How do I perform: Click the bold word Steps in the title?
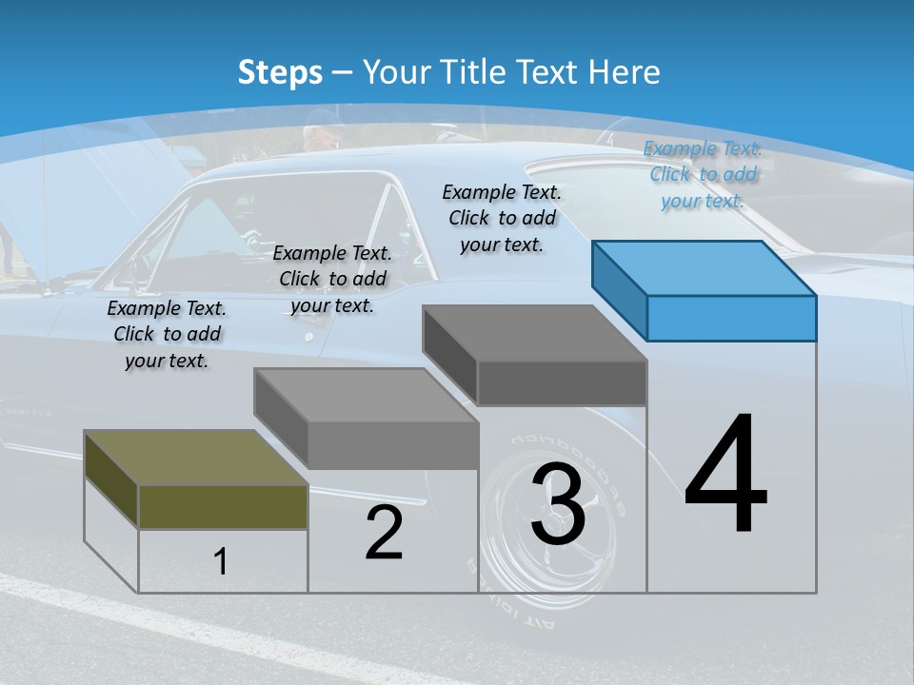(x=279, y=72)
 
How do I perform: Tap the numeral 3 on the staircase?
(x=557, y=503)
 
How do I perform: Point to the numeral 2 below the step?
(x=384, y=533)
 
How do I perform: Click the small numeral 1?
(x=220, y=561)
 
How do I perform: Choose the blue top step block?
(x=705, y=290)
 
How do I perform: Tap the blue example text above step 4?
(x=703, y=174)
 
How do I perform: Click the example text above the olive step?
(x=167, y=334)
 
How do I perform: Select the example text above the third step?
(x=502, y=218)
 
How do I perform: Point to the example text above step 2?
(x=332, y=279)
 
